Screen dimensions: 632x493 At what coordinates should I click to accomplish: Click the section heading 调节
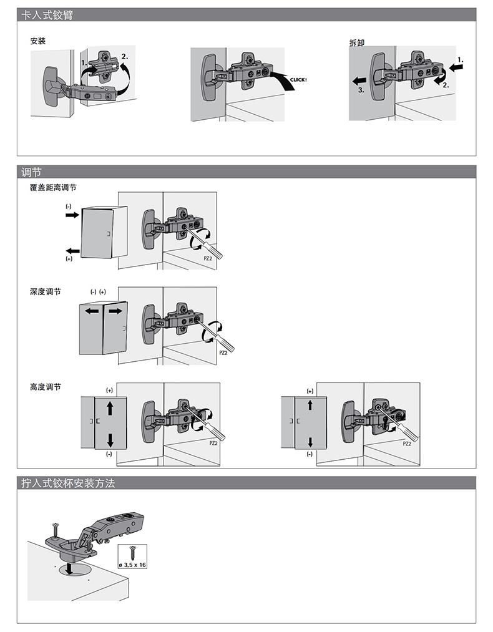click(x=31, y=172)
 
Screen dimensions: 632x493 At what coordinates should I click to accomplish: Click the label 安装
click(x=38, y=42)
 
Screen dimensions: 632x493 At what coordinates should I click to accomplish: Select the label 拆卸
click(x=357, y=43)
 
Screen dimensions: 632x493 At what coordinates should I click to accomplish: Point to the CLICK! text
click(x=299, y=80)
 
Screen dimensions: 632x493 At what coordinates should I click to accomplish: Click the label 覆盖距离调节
click(x=53, y=187)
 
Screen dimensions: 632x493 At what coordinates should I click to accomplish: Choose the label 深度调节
click(x=46, y=291)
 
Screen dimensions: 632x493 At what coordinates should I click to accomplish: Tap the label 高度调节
click(x=46, y=387)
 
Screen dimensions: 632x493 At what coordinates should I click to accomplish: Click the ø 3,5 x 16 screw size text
click(x=132, y=565)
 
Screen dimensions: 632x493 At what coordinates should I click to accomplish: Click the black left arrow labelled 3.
click(x=358, y=80)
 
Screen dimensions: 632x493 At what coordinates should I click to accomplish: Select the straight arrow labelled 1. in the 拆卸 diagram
click(x=456, y=70)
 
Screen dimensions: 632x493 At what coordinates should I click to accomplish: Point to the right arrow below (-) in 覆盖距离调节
click(x=72, y=215)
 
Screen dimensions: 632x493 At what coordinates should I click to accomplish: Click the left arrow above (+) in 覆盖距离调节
click(x=72, y=248)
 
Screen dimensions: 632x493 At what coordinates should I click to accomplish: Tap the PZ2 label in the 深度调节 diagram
click(x=223, y=352)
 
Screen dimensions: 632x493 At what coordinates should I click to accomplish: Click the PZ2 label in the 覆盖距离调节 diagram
click(x=208, y=258)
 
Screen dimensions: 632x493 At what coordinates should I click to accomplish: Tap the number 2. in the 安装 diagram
click(x=125, y=56)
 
